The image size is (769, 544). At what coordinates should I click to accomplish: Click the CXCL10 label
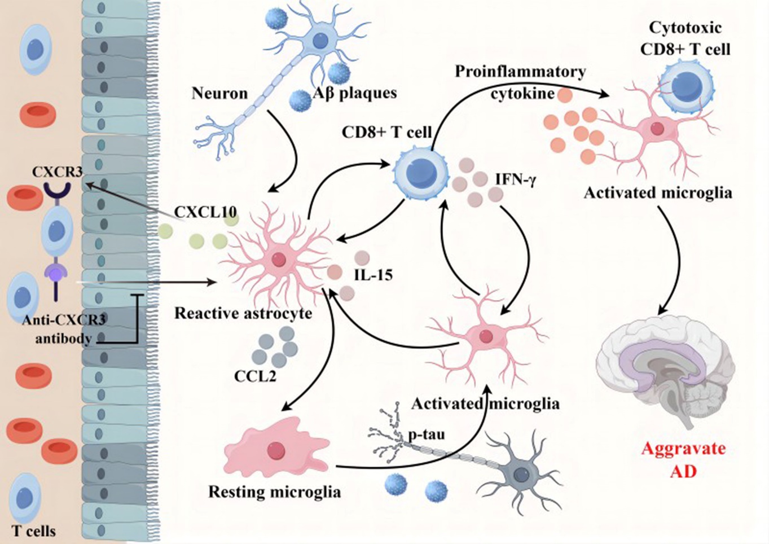[205, 212]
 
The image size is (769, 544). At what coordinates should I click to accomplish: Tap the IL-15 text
[373, 275]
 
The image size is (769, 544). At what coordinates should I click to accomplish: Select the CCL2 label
[255, 376]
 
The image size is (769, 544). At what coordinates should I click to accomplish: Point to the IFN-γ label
[516, 180]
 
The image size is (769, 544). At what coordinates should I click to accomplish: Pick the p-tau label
[427, 435]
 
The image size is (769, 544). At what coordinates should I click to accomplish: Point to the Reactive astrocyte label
[243, 313]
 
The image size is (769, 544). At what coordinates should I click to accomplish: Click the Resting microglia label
[275, 492]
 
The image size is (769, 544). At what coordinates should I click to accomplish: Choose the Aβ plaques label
[355, 93]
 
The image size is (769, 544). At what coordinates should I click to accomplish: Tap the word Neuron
[219, 94]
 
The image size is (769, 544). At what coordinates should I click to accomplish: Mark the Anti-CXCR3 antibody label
[64, 330]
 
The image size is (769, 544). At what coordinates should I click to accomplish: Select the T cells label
[34, 531]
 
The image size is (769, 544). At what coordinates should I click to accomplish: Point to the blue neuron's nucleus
[320, 40]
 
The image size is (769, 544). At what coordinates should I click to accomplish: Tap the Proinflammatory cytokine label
[520, 82]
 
